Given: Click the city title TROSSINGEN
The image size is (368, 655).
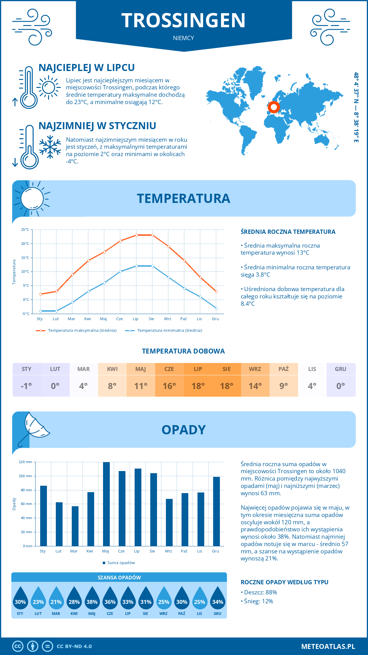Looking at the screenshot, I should click(x=183, y=21).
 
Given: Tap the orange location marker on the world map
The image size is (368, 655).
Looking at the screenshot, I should click(x=274, y=107).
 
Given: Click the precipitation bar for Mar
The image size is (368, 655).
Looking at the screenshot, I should click(x=75, y=526).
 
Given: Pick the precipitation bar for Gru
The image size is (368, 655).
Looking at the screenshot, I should click(x=217, y=511).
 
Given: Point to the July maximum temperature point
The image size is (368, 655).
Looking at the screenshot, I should click(x=136, y=235).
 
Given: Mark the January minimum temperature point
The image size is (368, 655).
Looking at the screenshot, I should click(x=40, y=311).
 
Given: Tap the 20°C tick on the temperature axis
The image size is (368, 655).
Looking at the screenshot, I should click(x=25, y=244).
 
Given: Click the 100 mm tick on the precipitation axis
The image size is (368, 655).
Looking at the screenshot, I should click(x=25, y=476).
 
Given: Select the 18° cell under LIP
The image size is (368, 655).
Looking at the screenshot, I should click(x=198, y=386).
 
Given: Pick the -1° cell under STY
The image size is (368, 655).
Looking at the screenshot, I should click(x=26, y=386).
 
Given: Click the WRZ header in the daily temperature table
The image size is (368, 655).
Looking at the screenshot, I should click(x=255, y=369).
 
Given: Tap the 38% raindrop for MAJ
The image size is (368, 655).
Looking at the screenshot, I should click(x=92, y=600).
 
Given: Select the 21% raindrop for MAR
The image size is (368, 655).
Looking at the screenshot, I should click(x=56, y=600).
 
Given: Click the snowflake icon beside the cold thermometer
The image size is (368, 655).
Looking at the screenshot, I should click(x=50, y=147).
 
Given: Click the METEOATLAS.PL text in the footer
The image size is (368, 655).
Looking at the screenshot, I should click(x=328, y=646).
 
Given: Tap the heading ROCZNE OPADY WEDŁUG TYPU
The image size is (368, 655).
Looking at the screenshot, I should click(x=284, y=582).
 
